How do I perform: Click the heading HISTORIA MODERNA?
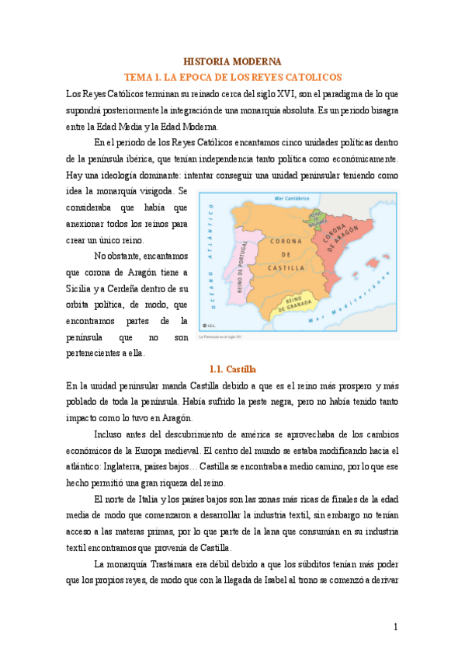[x=232, y=61]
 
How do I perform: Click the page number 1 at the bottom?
[x=395, y=626]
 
